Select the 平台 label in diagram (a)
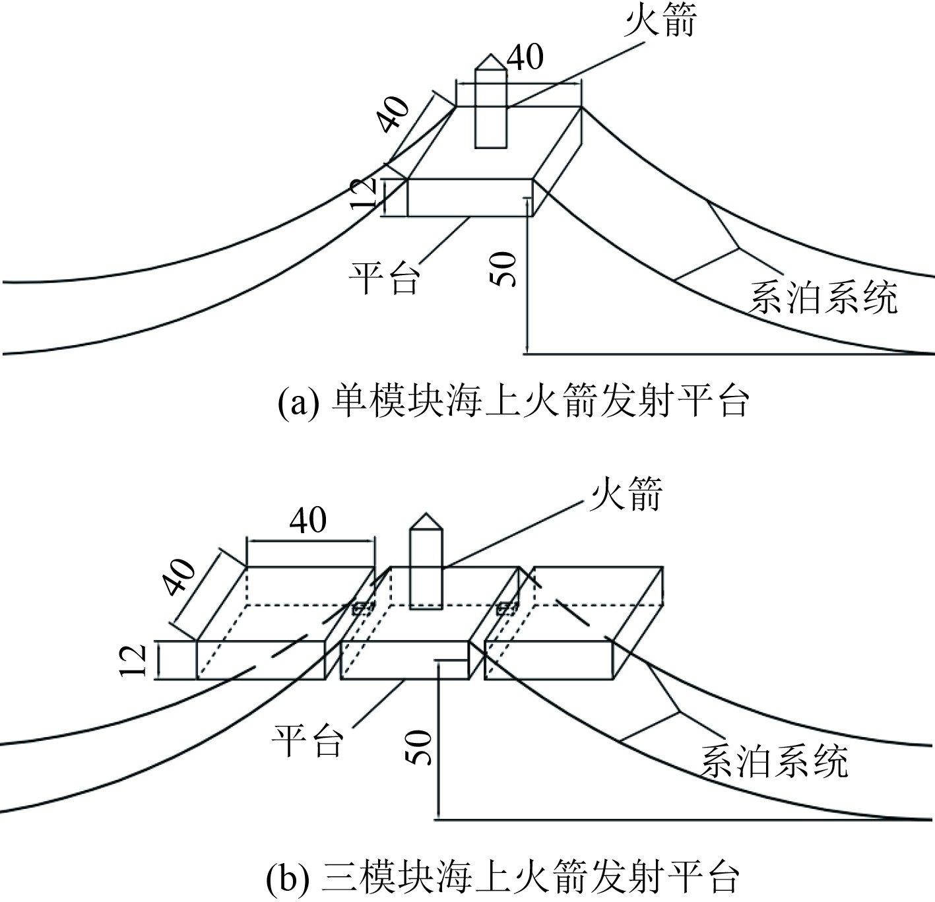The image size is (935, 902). pos(385,277)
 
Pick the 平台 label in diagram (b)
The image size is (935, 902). pos(308,740)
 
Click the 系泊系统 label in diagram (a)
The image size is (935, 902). pos(823,298)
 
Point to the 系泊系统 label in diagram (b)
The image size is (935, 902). pos(773,762)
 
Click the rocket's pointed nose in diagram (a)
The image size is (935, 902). pos(491,61)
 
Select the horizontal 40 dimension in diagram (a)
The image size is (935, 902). pos(525,58)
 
